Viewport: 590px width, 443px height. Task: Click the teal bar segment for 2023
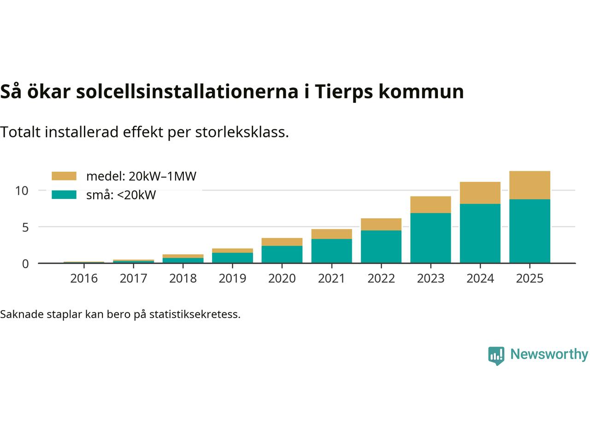431,238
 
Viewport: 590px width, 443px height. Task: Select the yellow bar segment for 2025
530,185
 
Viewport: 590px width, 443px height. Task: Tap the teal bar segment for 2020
282,254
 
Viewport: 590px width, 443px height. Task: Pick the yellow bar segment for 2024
480,193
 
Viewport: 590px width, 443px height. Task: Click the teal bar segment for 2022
381,246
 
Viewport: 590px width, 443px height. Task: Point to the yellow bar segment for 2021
331,234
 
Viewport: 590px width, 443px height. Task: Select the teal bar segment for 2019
232,257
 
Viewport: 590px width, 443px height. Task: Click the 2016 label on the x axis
84,278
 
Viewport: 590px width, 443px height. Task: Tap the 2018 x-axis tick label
183,278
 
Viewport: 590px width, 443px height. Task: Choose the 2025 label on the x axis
530,278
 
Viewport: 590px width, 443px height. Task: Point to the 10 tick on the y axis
22,190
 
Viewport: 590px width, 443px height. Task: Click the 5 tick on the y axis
25,227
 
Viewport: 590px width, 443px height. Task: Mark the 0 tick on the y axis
25,263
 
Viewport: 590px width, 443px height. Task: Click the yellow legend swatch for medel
64,176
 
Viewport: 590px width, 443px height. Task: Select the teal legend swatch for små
64,195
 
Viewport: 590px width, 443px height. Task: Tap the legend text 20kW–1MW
163,176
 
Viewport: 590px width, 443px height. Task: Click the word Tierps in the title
344,91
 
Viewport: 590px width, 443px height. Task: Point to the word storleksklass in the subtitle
242,132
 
